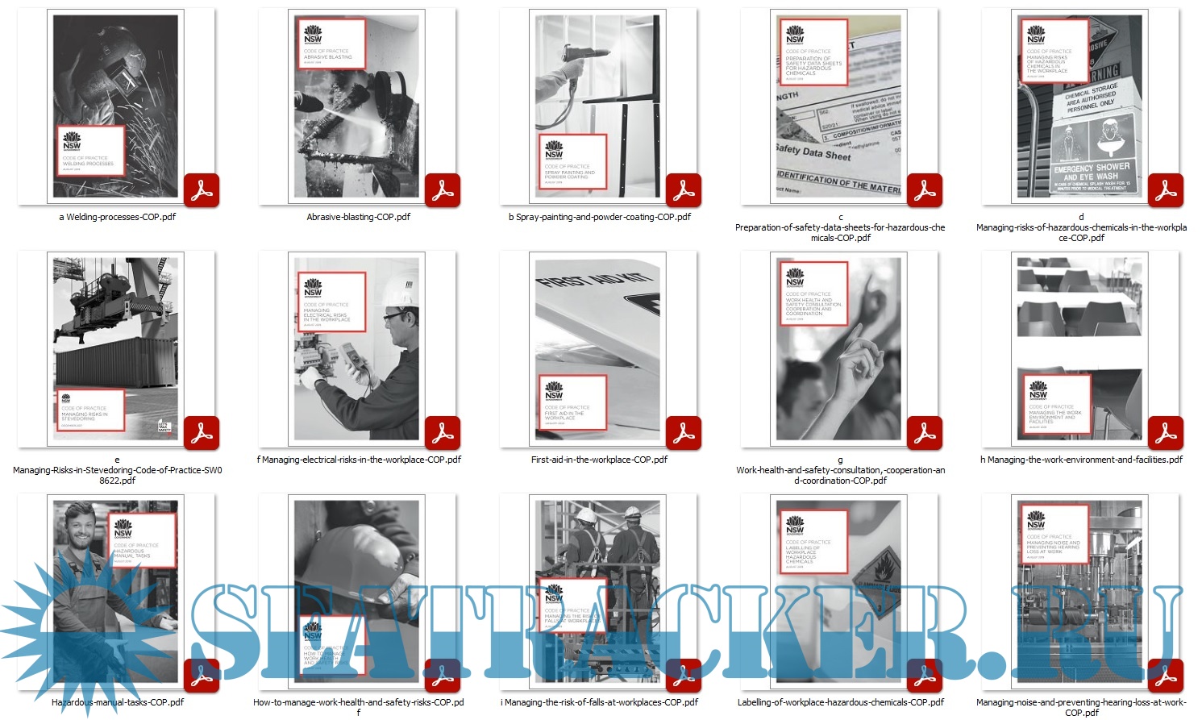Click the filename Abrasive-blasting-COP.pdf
358,217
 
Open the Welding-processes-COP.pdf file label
117,217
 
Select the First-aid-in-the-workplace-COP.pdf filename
599,460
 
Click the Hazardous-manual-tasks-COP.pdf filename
118,702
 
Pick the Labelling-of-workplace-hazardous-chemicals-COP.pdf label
840,702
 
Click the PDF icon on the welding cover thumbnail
202,190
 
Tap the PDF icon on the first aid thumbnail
684,433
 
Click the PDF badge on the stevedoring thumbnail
202,433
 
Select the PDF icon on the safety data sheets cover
925,190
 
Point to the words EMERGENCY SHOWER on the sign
1092,167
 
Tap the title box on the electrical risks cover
331,302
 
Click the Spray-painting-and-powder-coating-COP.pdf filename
599,217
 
